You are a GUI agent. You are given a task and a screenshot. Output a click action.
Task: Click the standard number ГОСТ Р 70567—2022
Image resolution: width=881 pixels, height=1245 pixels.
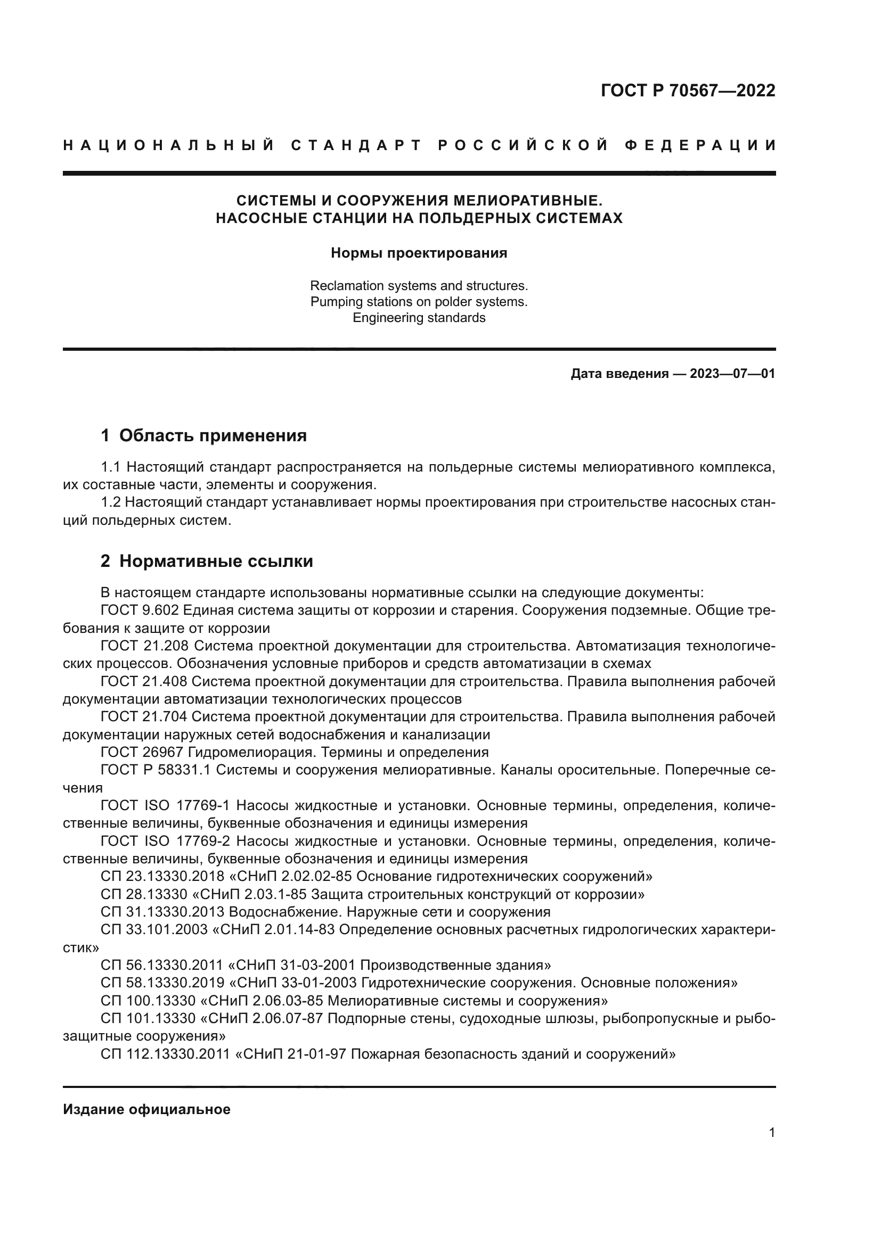[687, 90]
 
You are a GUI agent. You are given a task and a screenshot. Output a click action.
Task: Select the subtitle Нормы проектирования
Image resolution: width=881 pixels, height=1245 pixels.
[419, 253]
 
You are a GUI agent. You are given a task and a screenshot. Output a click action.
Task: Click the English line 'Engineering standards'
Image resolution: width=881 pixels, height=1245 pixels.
[419, 318]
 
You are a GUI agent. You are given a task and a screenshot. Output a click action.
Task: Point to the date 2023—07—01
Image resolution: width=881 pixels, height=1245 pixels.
[732, 374]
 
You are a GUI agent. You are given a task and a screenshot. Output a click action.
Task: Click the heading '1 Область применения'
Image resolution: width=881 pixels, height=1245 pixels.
[204, 435]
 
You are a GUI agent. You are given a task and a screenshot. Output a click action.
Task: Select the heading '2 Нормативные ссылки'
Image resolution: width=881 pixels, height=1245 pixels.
[207, 561]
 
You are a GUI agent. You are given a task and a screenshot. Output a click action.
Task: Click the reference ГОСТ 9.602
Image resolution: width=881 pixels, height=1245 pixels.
[140, 611]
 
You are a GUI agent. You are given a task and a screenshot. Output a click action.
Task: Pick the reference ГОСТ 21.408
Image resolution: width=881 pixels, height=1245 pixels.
[144, 682]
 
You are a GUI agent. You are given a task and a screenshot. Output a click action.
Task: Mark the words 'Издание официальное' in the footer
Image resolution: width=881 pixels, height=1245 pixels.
[146, 1109]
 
